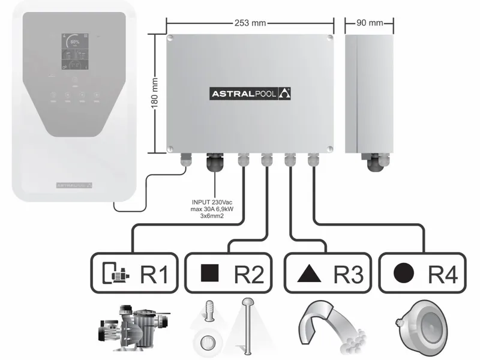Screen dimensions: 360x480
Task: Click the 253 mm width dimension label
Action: click(x=250, y=23)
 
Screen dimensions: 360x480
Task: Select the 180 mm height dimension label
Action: click(x=155, y=92)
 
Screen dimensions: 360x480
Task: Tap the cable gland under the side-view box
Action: click(x=376, y=162)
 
